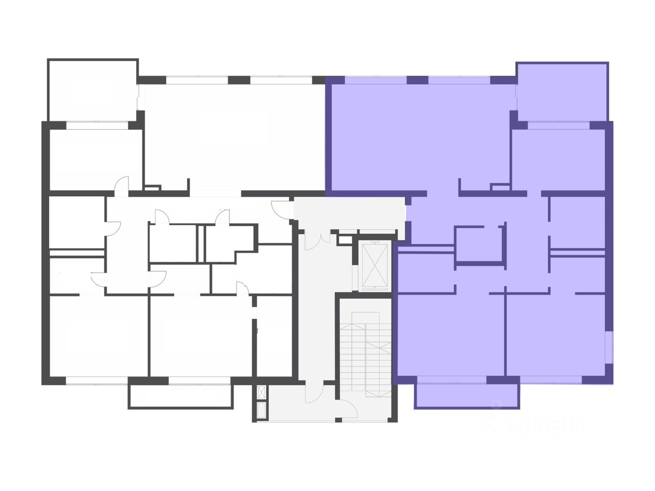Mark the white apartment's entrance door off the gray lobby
tap(280, 210)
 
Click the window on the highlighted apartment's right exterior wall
tap(609, 347)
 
